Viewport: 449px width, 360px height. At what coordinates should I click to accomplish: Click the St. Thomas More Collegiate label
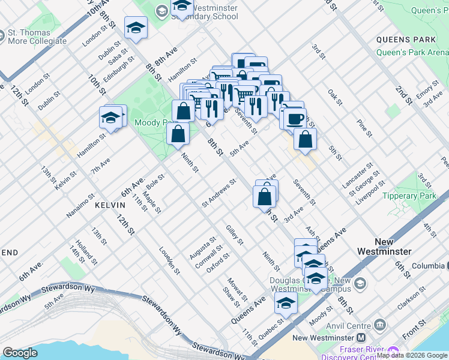pos(37,37)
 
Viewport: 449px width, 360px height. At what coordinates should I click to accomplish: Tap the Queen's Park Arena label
pos(412,52)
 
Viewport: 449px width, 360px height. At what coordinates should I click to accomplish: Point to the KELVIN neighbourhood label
pos(110,205)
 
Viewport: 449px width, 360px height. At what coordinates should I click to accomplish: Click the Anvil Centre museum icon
pos(380,326)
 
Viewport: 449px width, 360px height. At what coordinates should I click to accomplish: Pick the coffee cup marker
pos(295,118)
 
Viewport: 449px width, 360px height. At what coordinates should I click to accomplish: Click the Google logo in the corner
pos(20,353)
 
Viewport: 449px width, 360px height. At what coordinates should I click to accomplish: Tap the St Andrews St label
pos(220,193)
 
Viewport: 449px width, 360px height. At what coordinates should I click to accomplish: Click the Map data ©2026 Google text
pos(412,355)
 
